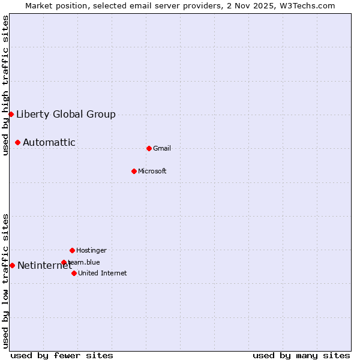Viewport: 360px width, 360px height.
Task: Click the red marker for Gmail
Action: coord(149,148)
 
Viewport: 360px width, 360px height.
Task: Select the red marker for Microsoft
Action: coord(134,171)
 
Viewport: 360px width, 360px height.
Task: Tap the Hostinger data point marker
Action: coord(72,250)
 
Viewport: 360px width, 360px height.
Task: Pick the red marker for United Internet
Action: coord(74,273)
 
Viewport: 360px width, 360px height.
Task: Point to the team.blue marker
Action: coord(64,262)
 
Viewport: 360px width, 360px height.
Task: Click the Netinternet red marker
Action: coord(12,265)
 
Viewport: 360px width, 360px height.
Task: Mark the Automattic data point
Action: coord(17,142)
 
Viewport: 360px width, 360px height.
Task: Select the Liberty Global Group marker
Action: coord(11,114)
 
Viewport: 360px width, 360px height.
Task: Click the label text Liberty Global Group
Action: coord(66,115)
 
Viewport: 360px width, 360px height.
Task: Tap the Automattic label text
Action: coord(49,143)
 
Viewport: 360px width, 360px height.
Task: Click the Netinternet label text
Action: coord(44,266)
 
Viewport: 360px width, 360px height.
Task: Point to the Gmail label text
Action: coord(162,149)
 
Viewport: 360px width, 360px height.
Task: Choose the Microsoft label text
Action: coord(152,172)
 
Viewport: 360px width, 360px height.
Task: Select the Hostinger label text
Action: coord(91,250)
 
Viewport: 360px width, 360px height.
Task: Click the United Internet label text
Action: coord(103,274)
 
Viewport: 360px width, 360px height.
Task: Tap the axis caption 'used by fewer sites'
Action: coord(62,355)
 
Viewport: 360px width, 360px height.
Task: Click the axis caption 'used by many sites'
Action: coord(301,355)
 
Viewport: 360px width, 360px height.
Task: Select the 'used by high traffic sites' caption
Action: coord(5,85)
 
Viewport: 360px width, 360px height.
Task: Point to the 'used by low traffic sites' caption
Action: coord(5,281)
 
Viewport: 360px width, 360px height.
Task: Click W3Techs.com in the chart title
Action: coord(305,5)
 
